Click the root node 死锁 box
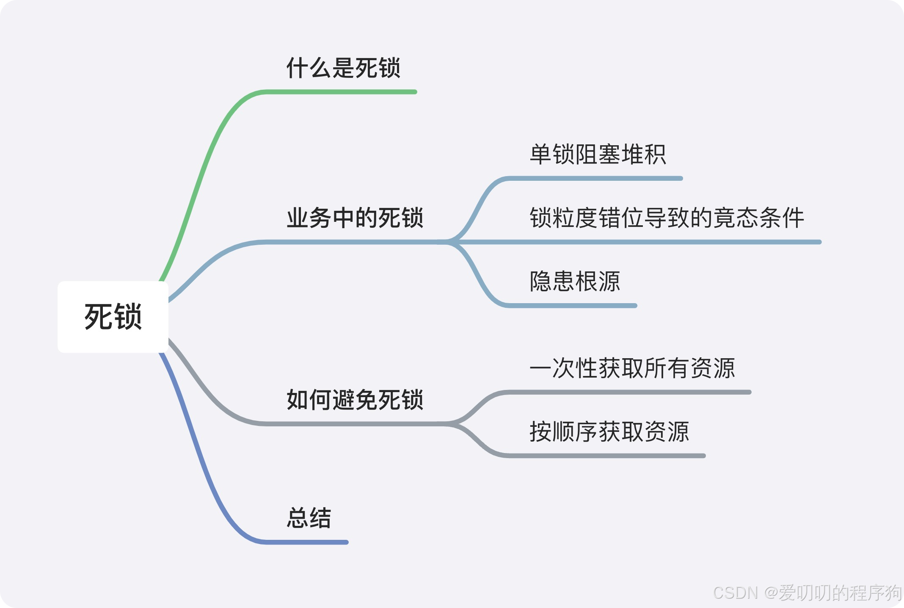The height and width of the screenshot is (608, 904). pos(113,317)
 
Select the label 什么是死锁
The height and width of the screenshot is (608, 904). pos(343,68)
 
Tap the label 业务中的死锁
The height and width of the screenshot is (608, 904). pos(355,218)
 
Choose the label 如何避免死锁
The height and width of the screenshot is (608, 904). pos(355,400)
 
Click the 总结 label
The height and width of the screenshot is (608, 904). pos(309,518)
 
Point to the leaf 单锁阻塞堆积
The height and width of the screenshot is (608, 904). pos(598,154)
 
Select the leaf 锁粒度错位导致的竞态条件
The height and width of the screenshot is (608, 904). pos(667,218)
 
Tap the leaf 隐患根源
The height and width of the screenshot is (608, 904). pos(575,282)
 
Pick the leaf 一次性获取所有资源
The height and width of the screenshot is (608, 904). pos(632,368)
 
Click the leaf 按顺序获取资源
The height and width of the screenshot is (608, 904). pos(609,432)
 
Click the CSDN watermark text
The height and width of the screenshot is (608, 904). pos(807,593)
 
